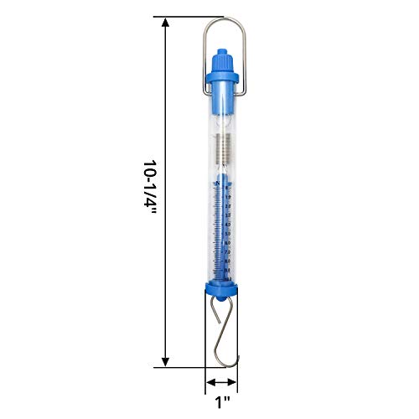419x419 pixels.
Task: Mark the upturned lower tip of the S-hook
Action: coord(238,359)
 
